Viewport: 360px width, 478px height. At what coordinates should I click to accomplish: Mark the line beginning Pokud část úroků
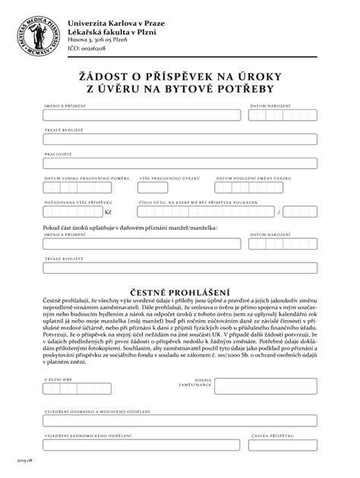[131, 227]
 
